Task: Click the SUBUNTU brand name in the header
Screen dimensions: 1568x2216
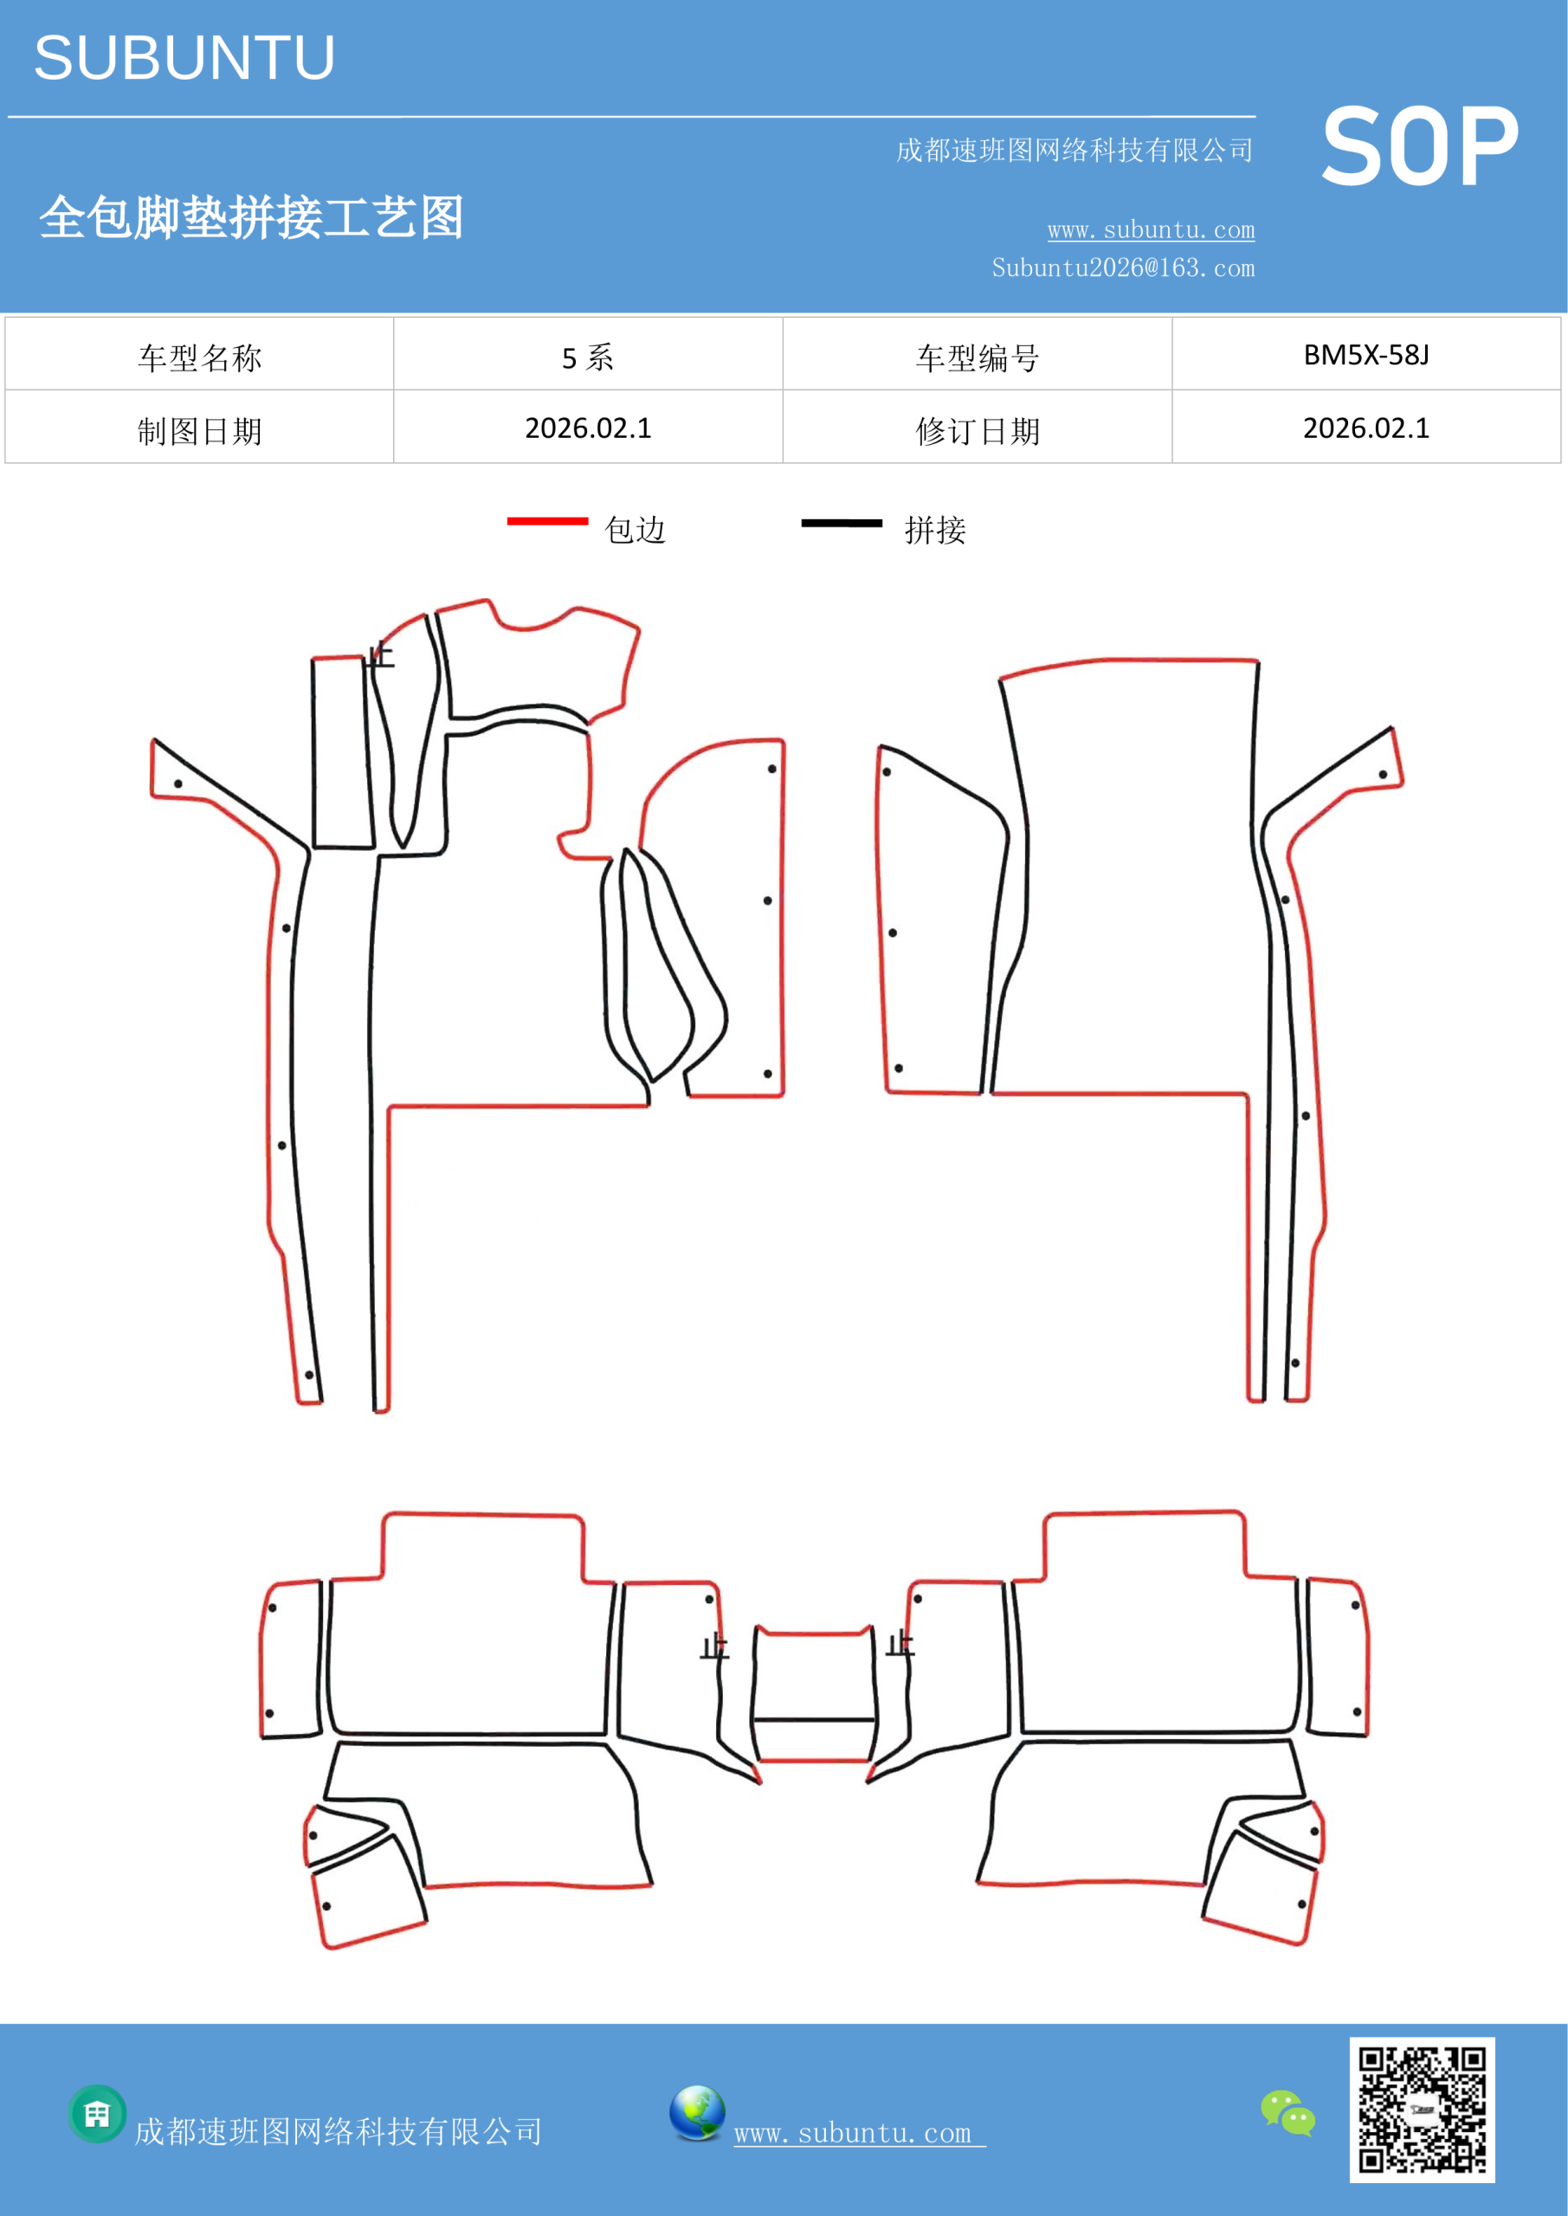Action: pos(184,58)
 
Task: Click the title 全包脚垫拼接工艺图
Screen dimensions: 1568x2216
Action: pos(251,217)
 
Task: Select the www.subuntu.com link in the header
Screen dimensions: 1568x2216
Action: pos(1151,229)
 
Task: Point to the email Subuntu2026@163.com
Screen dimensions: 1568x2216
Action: pos(1123,267)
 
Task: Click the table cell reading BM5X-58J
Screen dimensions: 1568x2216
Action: pos(1366,354)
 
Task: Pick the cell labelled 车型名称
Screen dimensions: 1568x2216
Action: pos(200,354)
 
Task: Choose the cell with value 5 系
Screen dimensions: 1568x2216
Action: pos(588,354)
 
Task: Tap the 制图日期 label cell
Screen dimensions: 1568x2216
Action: pos(200,428)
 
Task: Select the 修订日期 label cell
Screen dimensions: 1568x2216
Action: pos(978,428)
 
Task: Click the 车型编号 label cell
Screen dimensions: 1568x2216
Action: pos(978,354)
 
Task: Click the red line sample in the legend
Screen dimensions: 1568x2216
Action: pos(547,521)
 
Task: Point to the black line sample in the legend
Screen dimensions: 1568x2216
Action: pos(842,523)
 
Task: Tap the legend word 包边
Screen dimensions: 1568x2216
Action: pos(636,530)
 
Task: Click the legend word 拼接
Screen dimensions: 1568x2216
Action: pos(934,530)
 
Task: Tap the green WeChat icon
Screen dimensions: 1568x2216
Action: pos(1288,2112)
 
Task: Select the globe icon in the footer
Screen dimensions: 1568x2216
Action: pos(697,2113)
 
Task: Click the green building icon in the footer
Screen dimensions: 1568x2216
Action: pos(98,2114)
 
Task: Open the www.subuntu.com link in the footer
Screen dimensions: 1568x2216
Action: pos(859,2133)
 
